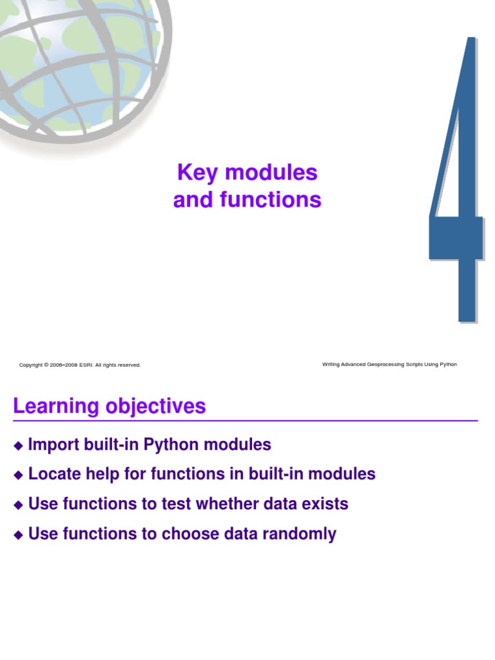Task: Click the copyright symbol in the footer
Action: pos(46,365)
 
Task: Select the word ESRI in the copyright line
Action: pos(86,365)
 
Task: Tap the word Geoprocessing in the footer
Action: pos(386,364)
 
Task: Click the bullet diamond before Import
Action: pos(18,445)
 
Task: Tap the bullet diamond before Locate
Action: pos(18,475)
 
